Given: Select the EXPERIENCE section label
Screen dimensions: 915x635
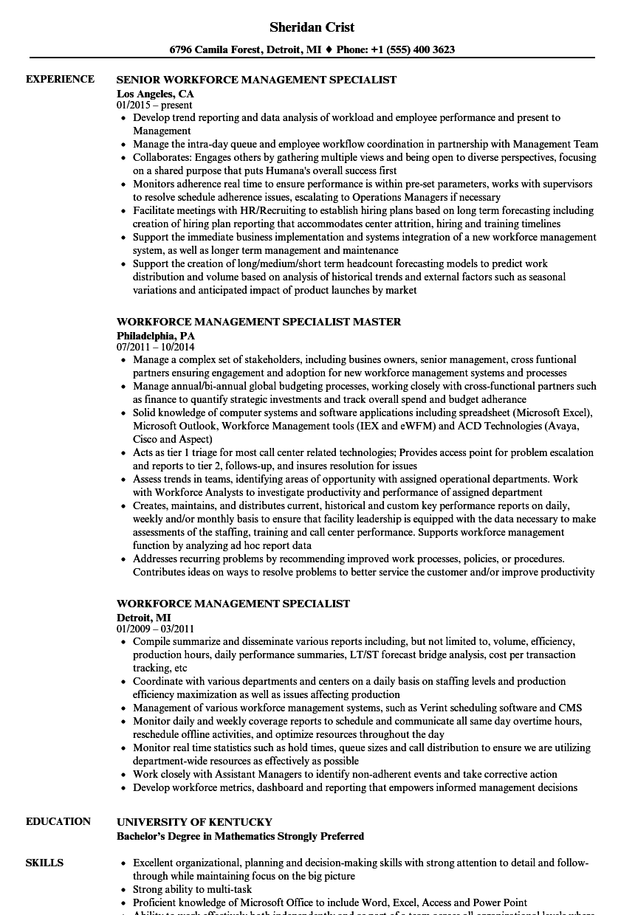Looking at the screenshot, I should tap(60, 79).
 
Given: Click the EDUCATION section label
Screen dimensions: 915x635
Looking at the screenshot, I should tap(58, 821).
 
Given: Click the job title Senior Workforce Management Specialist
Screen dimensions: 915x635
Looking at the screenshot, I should tap(256, 80).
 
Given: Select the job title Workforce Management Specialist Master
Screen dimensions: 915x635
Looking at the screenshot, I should tap(258, 322).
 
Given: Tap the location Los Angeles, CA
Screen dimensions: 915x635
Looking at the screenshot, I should tap(155, 94).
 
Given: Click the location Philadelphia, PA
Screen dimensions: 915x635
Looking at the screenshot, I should tap(156, 335).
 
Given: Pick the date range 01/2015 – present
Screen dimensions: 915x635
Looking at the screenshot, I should tap(154, 106).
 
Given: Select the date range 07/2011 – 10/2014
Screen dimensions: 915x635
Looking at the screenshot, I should tap(155, 347).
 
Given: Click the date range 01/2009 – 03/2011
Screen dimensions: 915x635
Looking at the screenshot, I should tap(155, 629).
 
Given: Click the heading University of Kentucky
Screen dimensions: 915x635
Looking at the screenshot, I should tap(194, 822).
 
